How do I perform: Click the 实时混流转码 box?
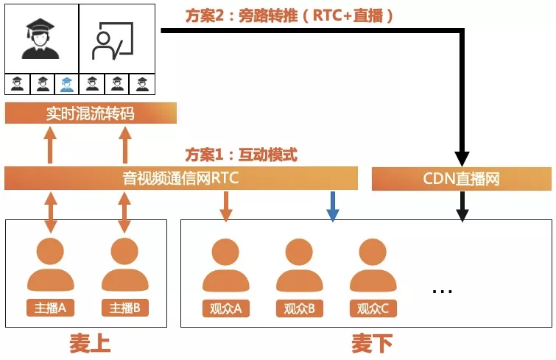coord(91,113)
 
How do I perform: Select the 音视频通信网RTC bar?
coord(180,178)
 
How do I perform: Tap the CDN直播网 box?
coord(461,178)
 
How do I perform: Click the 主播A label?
coord(51,308)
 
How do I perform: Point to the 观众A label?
coord(226,308)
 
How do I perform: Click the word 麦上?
coord(89,344)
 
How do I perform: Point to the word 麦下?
coord(371,344)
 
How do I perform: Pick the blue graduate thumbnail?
coord(67,84)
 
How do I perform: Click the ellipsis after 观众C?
coord(442,290)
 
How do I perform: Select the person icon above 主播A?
coord(51,266)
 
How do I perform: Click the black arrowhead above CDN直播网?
coord(462,158)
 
